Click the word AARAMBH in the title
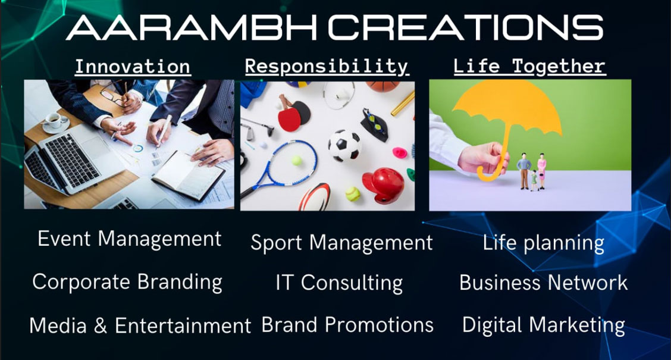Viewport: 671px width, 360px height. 191,28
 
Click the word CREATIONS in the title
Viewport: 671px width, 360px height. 466,28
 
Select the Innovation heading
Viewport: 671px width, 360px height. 133,67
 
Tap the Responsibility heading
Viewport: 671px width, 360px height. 327,67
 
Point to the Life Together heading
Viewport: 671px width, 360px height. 530,67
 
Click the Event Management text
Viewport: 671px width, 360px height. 129,239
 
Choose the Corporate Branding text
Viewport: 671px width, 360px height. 127,283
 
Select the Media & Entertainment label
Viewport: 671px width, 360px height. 140,325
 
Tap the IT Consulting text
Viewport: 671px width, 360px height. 339,283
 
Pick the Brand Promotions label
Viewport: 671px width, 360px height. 347,325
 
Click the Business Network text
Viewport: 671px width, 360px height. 543,283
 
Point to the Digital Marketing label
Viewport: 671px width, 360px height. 544,325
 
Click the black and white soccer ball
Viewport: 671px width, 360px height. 344,145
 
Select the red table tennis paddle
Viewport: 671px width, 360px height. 290,115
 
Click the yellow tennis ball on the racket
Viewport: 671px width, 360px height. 297,161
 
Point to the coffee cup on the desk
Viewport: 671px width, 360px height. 54,120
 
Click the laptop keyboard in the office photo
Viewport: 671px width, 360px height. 72,161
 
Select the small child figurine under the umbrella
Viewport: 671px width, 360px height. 534,180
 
